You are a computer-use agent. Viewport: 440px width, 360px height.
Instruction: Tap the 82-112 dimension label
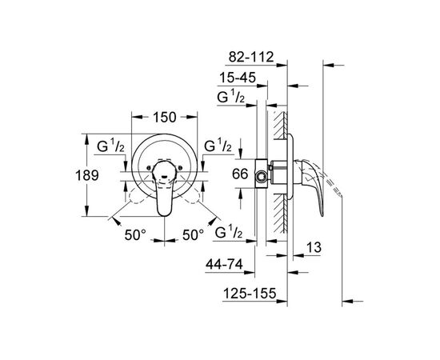click(251, 58)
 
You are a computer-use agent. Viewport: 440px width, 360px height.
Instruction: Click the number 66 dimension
click(240, 174)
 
